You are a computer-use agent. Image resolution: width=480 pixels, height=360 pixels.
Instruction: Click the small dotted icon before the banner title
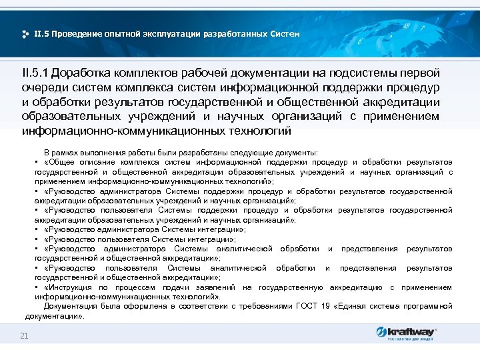coord(25,33)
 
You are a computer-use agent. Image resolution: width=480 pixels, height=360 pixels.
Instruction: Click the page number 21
coord(24,335)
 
